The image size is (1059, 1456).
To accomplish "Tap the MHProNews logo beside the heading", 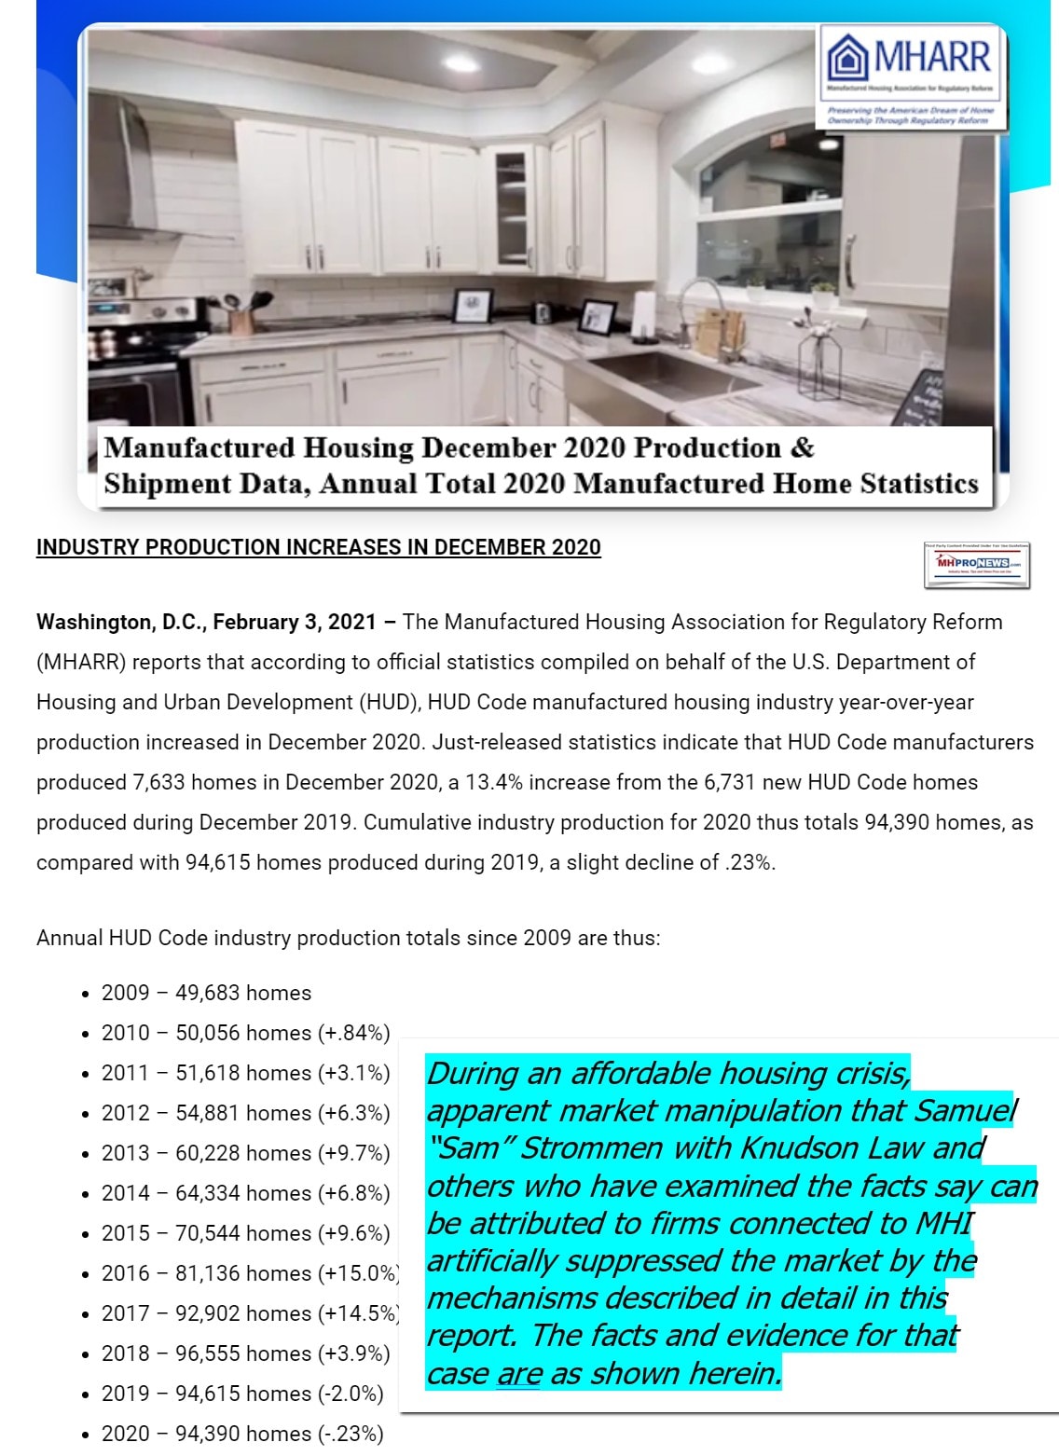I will coord(977,564).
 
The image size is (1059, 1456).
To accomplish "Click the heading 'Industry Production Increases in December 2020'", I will coord(319,547).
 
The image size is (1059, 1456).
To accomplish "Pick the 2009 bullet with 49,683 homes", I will coord(206,993).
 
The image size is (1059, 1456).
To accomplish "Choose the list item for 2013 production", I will coord(245,1153).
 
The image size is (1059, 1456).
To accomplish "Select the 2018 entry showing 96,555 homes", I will coord(245,1353).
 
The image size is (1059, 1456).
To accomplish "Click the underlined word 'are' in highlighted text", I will coord(519,1373).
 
